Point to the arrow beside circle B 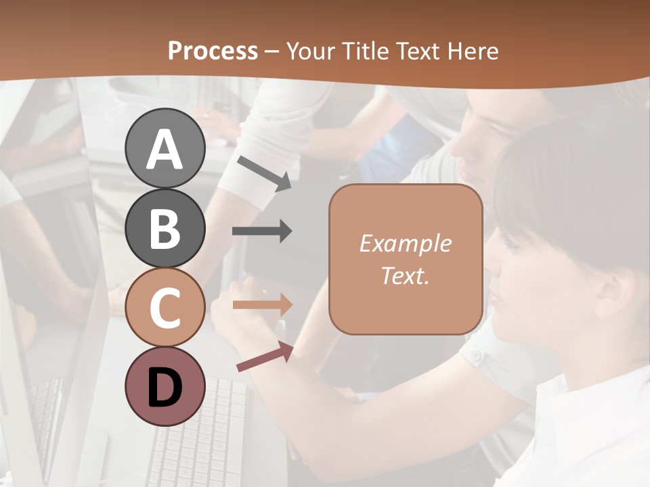262,231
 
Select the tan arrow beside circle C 262,305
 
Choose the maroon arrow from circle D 265,356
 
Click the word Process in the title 213,51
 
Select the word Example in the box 405,243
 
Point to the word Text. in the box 405,275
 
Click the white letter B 165,229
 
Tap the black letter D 165,387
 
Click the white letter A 165,149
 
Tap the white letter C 165,308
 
